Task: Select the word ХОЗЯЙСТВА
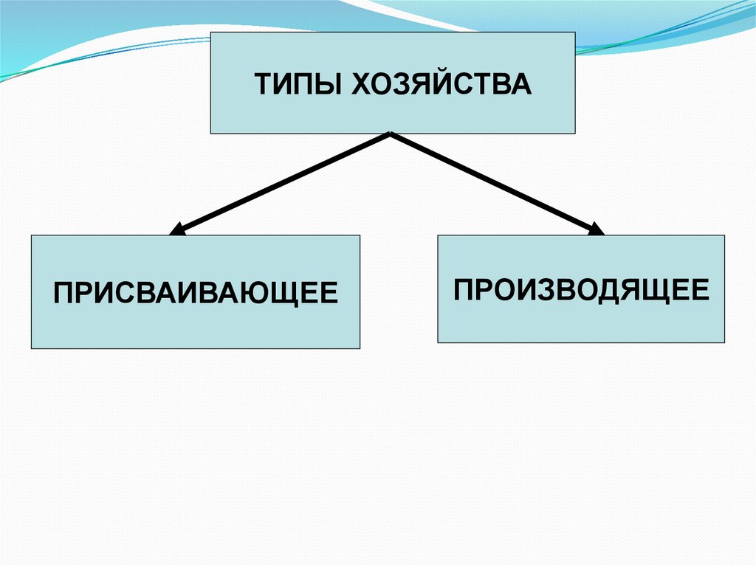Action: click(x=441, y=83)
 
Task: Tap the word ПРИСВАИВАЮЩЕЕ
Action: click(x=195, y=291)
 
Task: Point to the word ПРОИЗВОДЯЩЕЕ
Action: click(x=581, y=289)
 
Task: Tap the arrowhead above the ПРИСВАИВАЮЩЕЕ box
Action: click(x=178, y=229)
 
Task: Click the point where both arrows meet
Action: click(x=390, y=134)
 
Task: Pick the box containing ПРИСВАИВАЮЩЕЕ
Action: click(x=195, y=325)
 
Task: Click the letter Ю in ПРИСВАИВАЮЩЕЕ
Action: click(x=264, y=291)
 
